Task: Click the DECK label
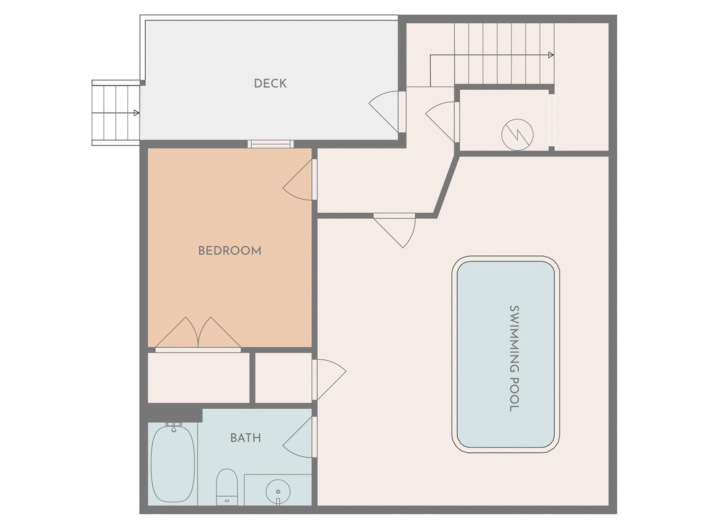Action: [270, 84]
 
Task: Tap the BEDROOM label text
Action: [230, 251]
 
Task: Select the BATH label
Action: [246, 438]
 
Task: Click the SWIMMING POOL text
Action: [514, 358]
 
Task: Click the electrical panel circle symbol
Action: [517, 135]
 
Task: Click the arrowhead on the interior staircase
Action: [551, 55]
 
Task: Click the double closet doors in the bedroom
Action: [198, 333]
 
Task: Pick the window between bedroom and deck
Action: [271, 144]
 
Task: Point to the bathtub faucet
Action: [174, 427]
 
